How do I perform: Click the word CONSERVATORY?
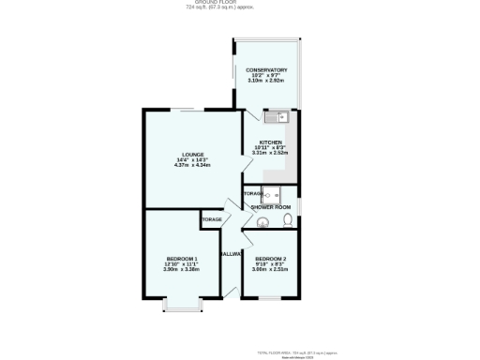266,70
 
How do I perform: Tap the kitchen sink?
279,118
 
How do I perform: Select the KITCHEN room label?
270,142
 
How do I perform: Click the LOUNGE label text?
193,155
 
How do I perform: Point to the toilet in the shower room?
287,221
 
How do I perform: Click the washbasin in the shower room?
263,222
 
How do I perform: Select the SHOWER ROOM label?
270,206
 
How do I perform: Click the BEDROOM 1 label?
182,259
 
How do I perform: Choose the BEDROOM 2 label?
270,259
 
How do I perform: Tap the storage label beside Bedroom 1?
211,218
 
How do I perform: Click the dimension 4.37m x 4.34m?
193,166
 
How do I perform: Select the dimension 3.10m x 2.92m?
266,82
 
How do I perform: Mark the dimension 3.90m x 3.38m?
182,270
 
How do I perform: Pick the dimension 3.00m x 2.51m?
270,270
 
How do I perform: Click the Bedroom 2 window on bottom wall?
270,298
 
